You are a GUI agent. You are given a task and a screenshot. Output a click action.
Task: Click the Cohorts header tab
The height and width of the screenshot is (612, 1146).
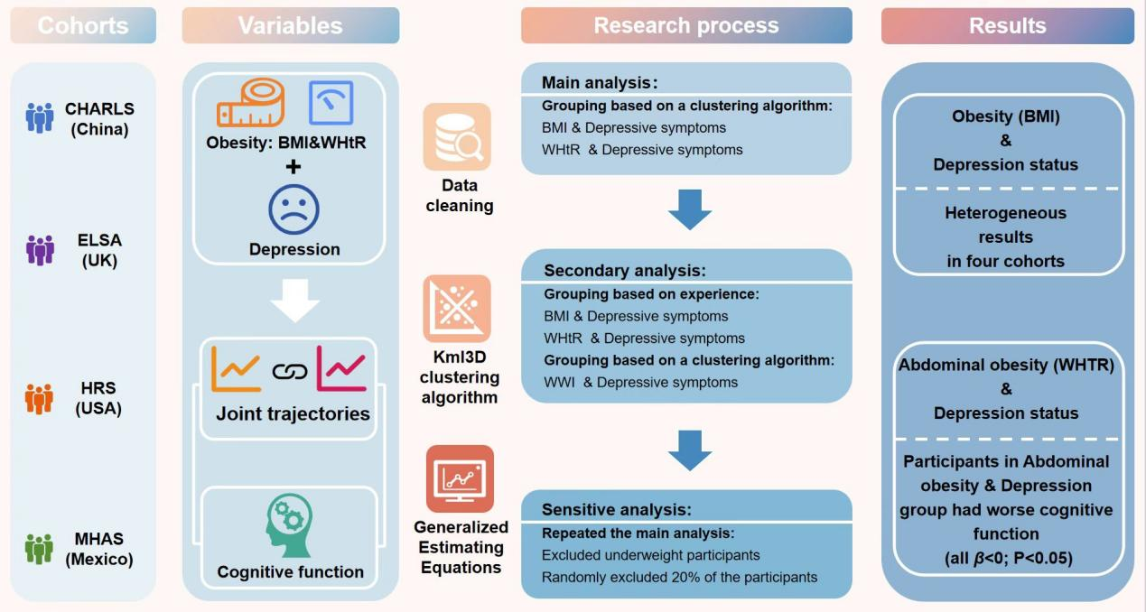(x=83, y=25)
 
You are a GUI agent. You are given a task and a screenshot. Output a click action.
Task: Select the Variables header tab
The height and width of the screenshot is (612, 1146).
(x=290, y=25)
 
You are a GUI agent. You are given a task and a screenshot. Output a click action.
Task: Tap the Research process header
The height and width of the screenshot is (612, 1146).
(x=685, y=25)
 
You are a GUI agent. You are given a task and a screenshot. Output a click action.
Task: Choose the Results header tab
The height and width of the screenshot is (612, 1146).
(x=1007, y=25)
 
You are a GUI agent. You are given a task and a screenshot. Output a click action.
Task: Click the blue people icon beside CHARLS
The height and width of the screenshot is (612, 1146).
(x=40, y=117)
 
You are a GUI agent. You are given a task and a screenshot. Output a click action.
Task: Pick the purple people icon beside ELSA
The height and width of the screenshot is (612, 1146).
(x=40, y=250)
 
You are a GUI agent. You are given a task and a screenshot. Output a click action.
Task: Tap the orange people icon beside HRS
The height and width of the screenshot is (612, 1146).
(x=40, y=398)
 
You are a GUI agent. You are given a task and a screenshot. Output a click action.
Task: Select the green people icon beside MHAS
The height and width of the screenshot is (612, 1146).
(x=40, y=548)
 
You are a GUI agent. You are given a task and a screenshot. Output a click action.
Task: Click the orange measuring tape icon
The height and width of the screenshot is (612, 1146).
(x=250, y=102)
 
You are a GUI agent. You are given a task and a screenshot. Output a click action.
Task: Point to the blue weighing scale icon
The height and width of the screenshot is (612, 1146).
(x=331, y=102)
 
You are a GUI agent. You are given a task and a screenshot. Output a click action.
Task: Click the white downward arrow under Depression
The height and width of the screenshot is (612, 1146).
(x=294, y=301)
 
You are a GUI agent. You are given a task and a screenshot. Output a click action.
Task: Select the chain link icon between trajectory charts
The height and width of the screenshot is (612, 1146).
(x=290, y=371)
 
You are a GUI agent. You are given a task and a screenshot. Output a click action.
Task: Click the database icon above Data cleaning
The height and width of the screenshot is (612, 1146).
(x=457, y=136)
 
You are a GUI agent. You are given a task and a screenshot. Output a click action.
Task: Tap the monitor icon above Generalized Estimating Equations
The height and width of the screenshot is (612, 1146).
(x=461, y=478)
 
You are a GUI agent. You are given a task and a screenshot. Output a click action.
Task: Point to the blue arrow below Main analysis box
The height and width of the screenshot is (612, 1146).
(x=690, y=209)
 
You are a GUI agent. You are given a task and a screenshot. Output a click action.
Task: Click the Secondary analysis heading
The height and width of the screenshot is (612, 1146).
(x=624, y=271)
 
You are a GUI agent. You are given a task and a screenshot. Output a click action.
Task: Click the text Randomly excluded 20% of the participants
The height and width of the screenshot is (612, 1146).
(x=679, y=577)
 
